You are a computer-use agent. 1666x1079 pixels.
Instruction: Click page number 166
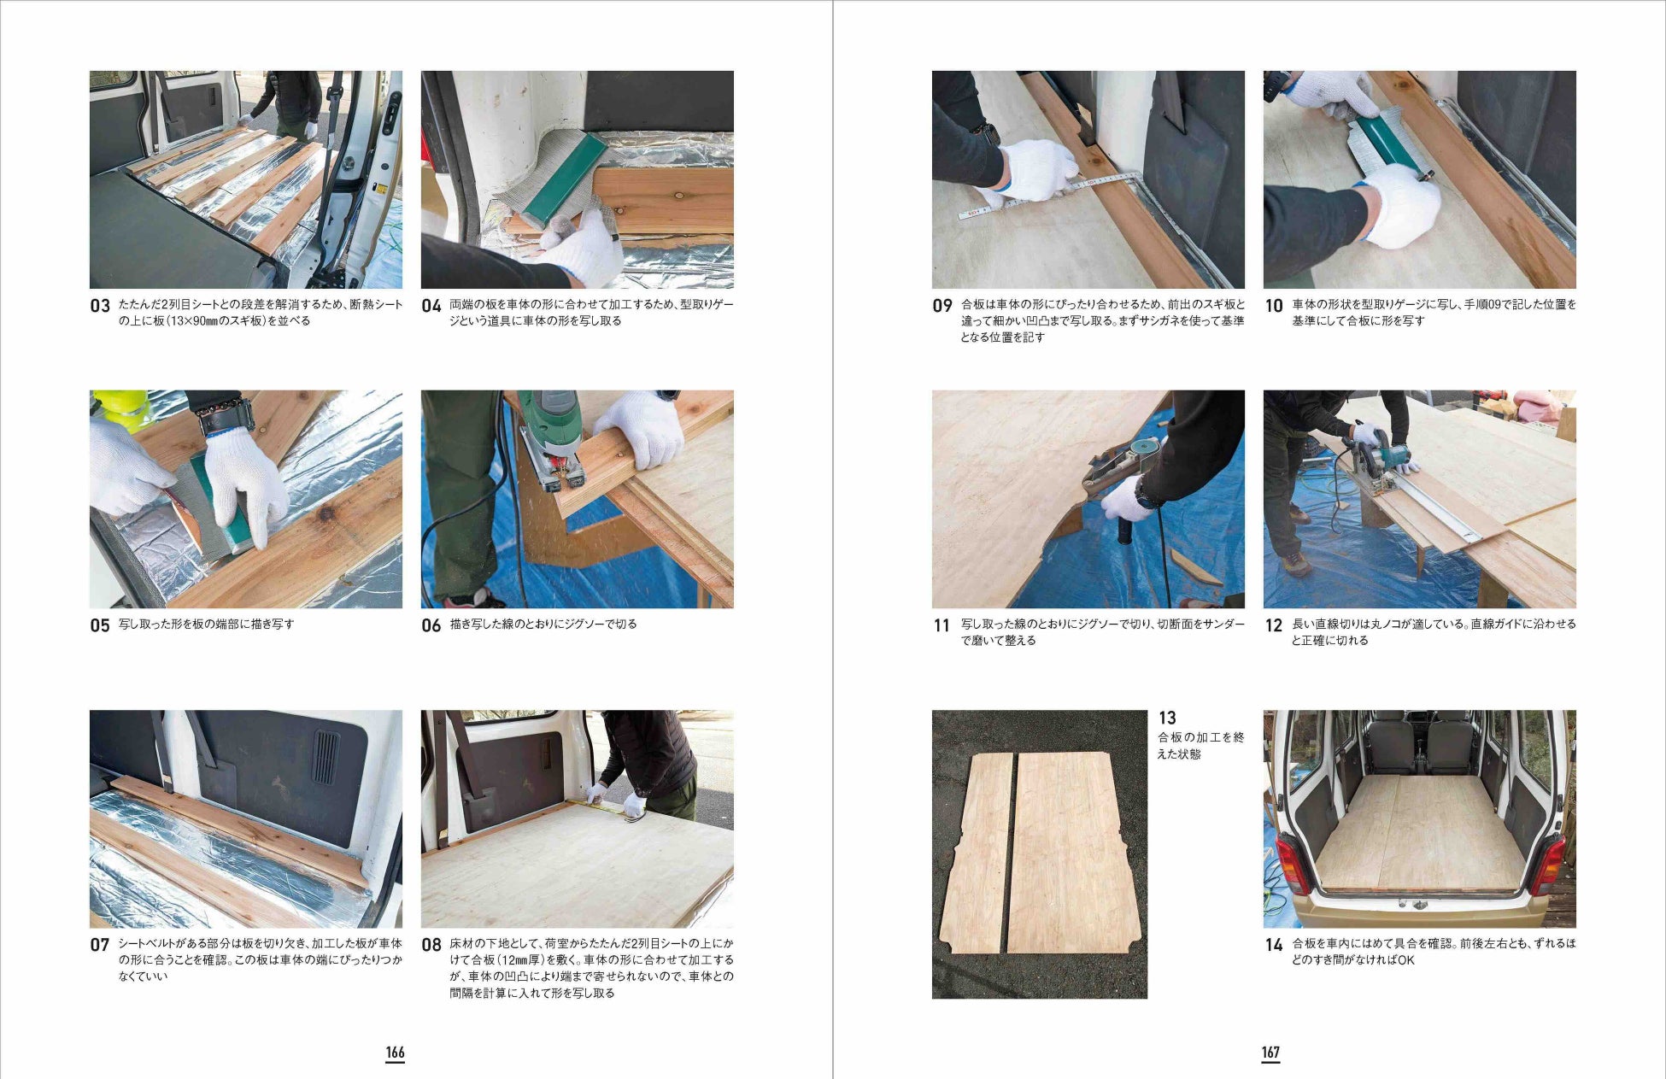[395, 1053]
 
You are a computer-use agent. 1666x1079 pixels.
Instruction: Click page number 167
[1270, 1053]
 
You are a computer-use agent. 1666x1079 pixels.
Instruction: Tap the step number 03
[100, 306]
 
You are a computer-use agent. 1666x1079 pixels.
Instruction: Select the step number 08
[431, 945]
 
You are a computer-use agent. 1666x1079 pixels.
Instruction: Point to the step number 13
[1167, 718]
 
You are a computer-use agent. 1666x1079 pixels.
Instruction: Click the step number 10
[1274, 306]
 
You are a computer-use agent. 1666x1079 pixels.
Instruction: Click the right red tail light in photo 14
[1548, 864]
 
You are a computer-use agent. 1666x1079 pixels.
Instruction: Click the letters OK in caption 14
[1405, 960]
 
